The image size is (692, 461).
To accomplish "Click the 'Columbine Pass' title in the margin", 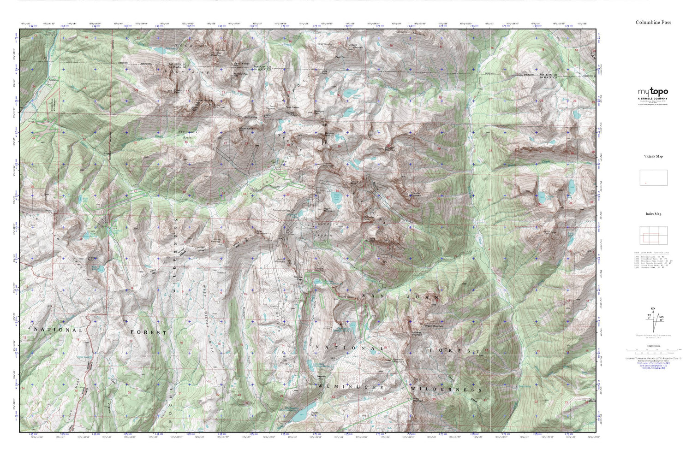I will [x=653, y=22].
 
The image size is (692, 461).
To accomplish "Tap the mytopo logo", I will [x=653, y=92].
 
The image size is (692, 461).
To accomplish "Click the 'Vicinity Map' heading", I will [x=653, y=156].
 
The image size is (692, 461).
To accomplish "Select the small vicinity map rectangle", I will [x=653, y=177].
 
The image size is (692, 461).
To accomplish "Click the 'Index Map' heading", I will [x=653, y=214].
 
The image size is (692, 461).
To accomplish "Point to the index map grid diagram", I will [x=653, y=236].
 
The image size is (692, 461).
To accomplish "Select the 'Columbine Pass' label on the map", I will [x=281, y=211].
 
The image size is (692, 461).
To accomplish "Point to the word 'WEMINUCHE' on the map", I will [x=351, y=388].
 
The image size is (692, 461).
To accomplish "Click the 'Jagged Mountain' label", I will [x=358, y=47].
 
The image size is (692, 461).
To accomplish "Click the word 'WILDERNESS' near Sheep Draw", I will [x=447, y=390].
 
